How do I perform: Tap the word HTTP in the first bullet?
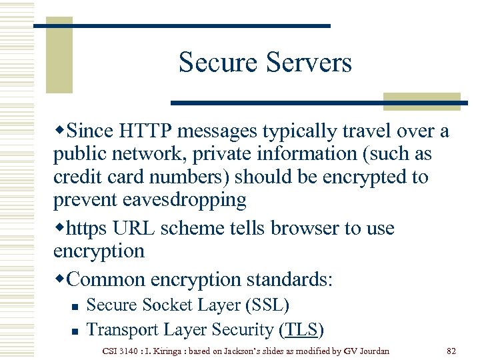coord(143,131)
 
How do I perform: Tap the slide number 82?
coord(451,350)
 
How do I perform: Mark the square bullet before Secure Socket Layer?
coord(75,307)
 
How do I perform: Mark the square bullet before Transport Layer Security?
coord(75,331)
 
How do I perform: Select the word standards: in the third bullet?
coord(293,279)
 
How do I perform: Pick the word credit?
coord(75,177)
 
